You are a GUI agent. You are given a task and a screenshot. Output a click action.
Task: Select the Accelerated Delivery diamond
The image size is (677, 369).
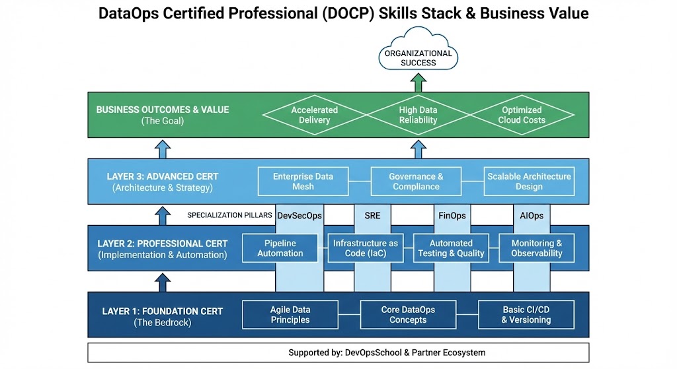coord(314,115)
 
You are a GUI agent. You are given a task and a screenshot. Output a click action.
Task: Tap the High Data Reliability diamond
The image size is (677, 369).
coord(418,115)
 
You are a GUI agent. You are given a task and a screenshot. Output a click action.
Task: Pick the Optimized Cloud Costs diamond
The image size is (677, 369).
coord(522,115)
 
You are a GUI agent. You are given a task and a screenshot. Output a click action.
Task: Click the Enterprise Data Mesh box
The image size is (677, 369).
coord(303,182)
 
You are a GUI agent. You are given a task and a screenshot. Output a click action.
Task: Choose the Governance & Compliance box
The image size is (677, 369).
coord(416,182)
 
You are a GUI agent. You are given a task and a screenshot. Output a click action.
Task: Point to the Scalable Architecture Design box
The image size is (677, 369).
coord(529,182)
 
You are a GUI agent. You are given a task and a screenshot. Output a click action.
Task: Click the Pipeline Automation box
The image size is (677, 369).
coord(280,248)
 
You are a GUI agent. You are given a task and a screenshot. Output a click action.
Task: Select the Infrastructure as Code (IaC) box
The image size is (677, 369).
coord(366,248)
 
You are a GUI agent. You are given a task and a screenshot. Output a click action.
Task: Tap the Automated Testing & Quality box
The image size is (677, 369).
coord(451,248)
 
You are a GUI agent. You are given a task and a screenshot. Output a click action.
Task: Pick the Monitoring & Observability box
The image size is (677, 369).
coord(536,248)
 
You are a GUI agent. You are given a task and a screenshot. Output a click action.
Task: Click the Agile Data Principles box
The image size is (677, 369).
coord(290,315)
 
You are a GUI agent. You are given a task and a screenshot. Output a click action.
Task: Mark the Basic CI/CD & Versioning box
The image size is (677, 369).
coord(526,315)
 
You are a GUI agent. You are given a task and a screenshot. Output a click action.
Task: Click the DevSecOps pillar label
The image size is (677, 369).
coord(299,215)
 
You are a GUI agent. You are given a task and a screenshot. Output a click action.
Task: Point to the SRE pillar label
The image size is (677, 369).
coord(372,215)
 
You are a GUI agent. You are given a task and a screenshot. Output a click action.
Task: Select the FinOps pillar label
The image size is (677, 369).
coord(452,215)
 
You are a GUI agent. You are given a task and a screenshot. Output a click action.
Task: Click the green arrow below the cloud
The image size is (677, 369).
coord(417,83)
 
